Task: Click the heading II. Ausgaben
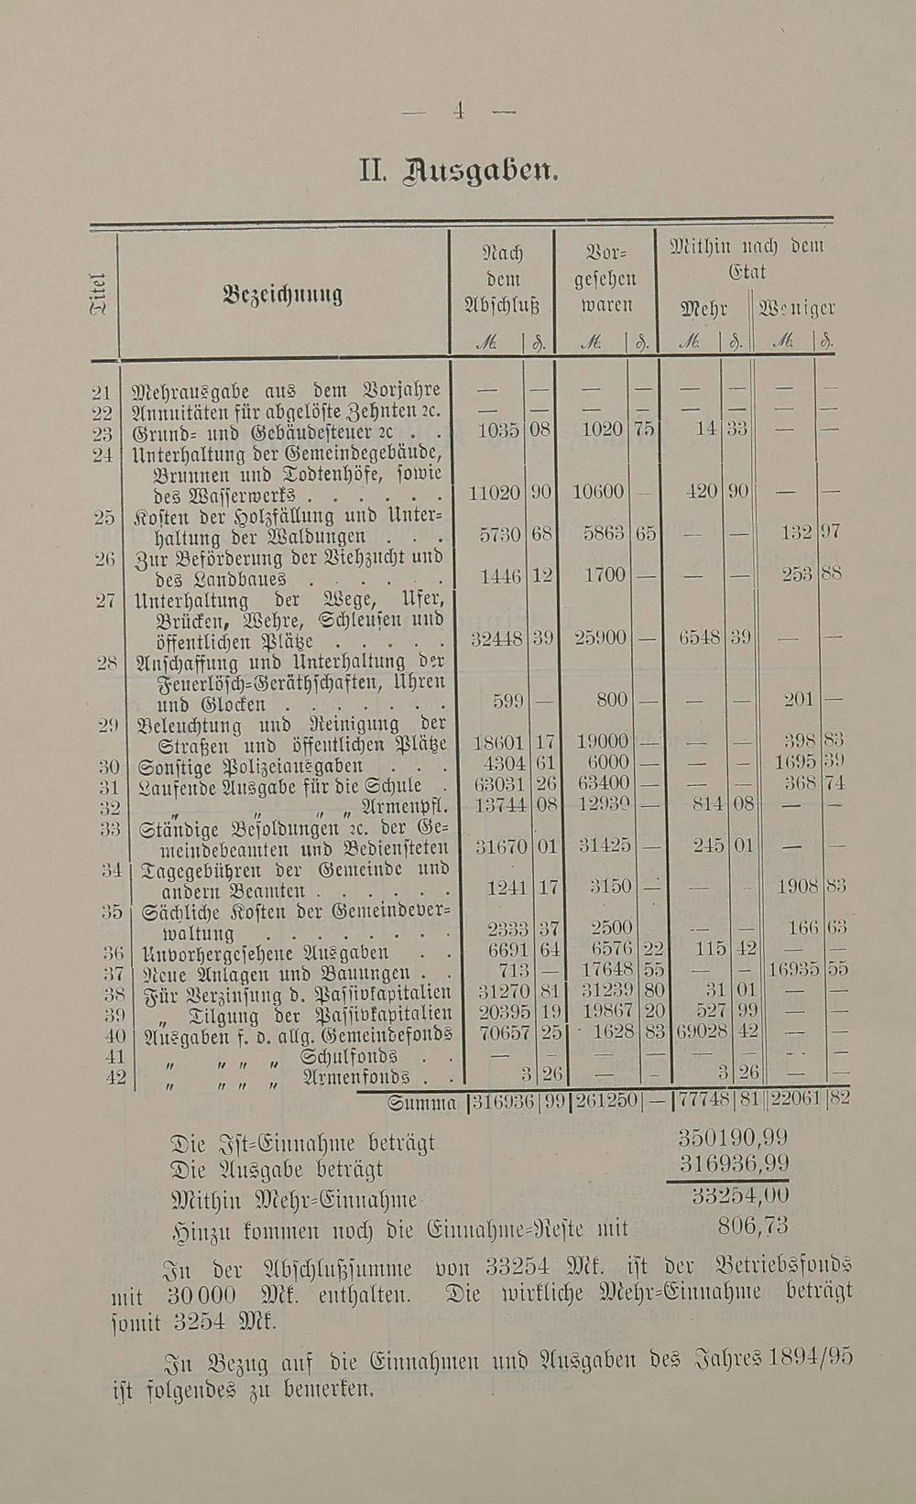(x=458, y=171)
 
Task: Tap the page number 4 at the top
(x=459, y=112)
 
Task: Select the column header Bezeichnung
(x=283, y=295)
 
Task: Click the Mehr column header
(x=703, y=309)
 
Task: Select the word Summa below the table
(x=422, y=1104)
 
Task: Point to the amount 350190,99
(x=733, y=1138)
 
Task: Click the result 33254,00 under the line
(x=740, y=1196)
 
